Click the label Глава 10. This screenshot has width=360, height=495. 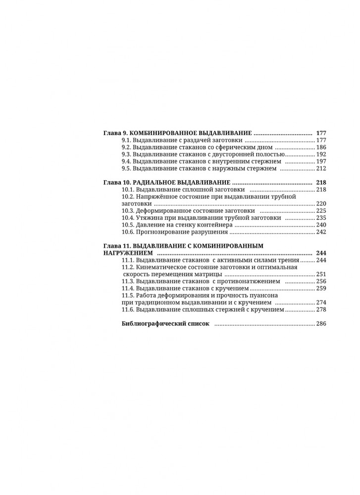118,182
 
